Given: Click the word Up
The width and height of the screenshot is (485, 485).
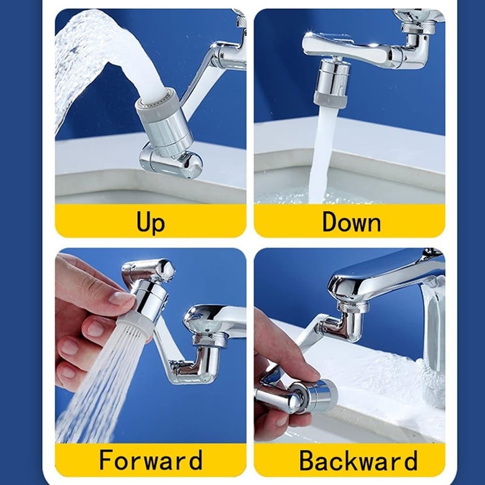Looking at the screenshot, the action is pyautogui.click(x=151, y=222).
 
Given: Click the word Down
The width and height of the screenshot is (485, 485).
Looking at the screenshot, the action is pyautogui.click(x=351, y=222).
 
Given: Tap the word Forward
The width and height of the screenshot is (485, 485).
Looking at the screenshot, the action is pyautogui.click(x=151, y=460).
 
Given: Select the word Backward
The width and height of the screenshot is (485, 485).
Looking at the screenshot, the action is pyautogui.click(x=358, y=460).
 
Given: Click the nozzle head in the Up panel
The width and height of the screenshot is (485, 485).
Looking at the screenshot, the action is pyautogui.click(x=164, y=122).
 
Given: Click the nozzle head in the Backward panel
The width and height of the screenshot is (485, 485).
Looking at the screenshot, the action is pyautogui.click(x=313, y=395).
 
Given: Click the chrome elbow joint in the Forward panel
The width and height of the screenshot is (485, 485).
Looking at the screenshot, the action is pyautogui.click(x=198, y=362).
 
